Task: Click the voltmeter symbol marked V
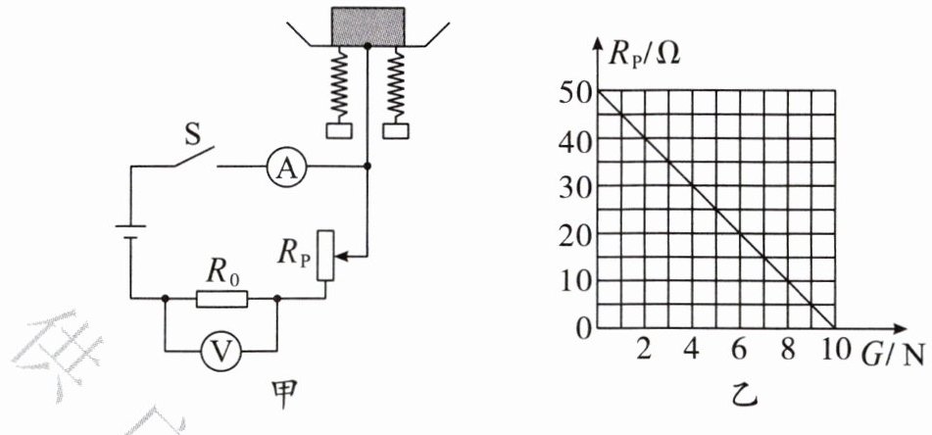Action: click(x=221, y=352)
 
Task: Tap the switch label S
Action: click(x=193, y=135)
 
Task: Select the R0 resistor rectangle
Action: click(x=221, y=299)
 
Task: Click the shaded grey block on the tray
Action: click(x=368, y=27)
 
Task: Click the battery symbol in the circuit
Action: click(x=130, y=232)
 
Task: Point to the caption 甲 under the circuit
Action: click(x=284, y=396)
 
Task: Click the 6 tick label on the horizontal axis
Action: click(x=739, y=351)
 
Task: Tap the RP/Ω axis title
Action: click(x=644, y=57)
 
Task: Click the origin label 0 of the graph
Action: click(x=584, y=328)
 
